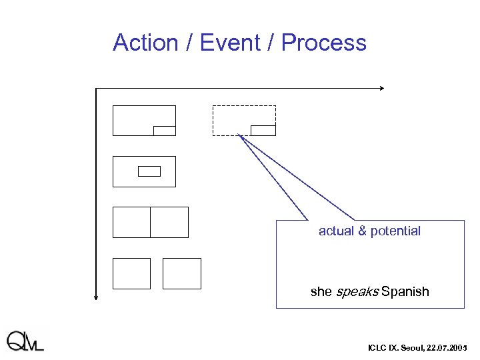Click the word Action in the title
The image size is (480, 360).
145,43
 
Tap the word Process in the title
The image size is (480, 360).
323,43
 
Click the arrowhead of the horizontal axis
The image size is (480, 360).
382,88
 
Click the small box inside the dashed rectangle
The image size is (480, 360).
263,130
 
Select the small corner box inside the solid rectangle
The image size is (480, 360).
164,131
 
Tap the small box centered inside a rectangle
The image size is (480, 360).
149,171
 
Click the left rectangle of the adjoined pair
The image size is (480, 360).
131,222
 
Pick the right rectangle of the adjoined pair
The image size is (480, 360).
169,222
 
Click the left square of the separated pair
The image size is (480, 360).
131,273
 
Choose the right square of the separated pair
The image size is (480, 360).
182,273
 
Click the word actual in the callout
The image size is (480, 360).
337,231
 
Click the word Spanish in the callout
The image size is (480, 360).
405,292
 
